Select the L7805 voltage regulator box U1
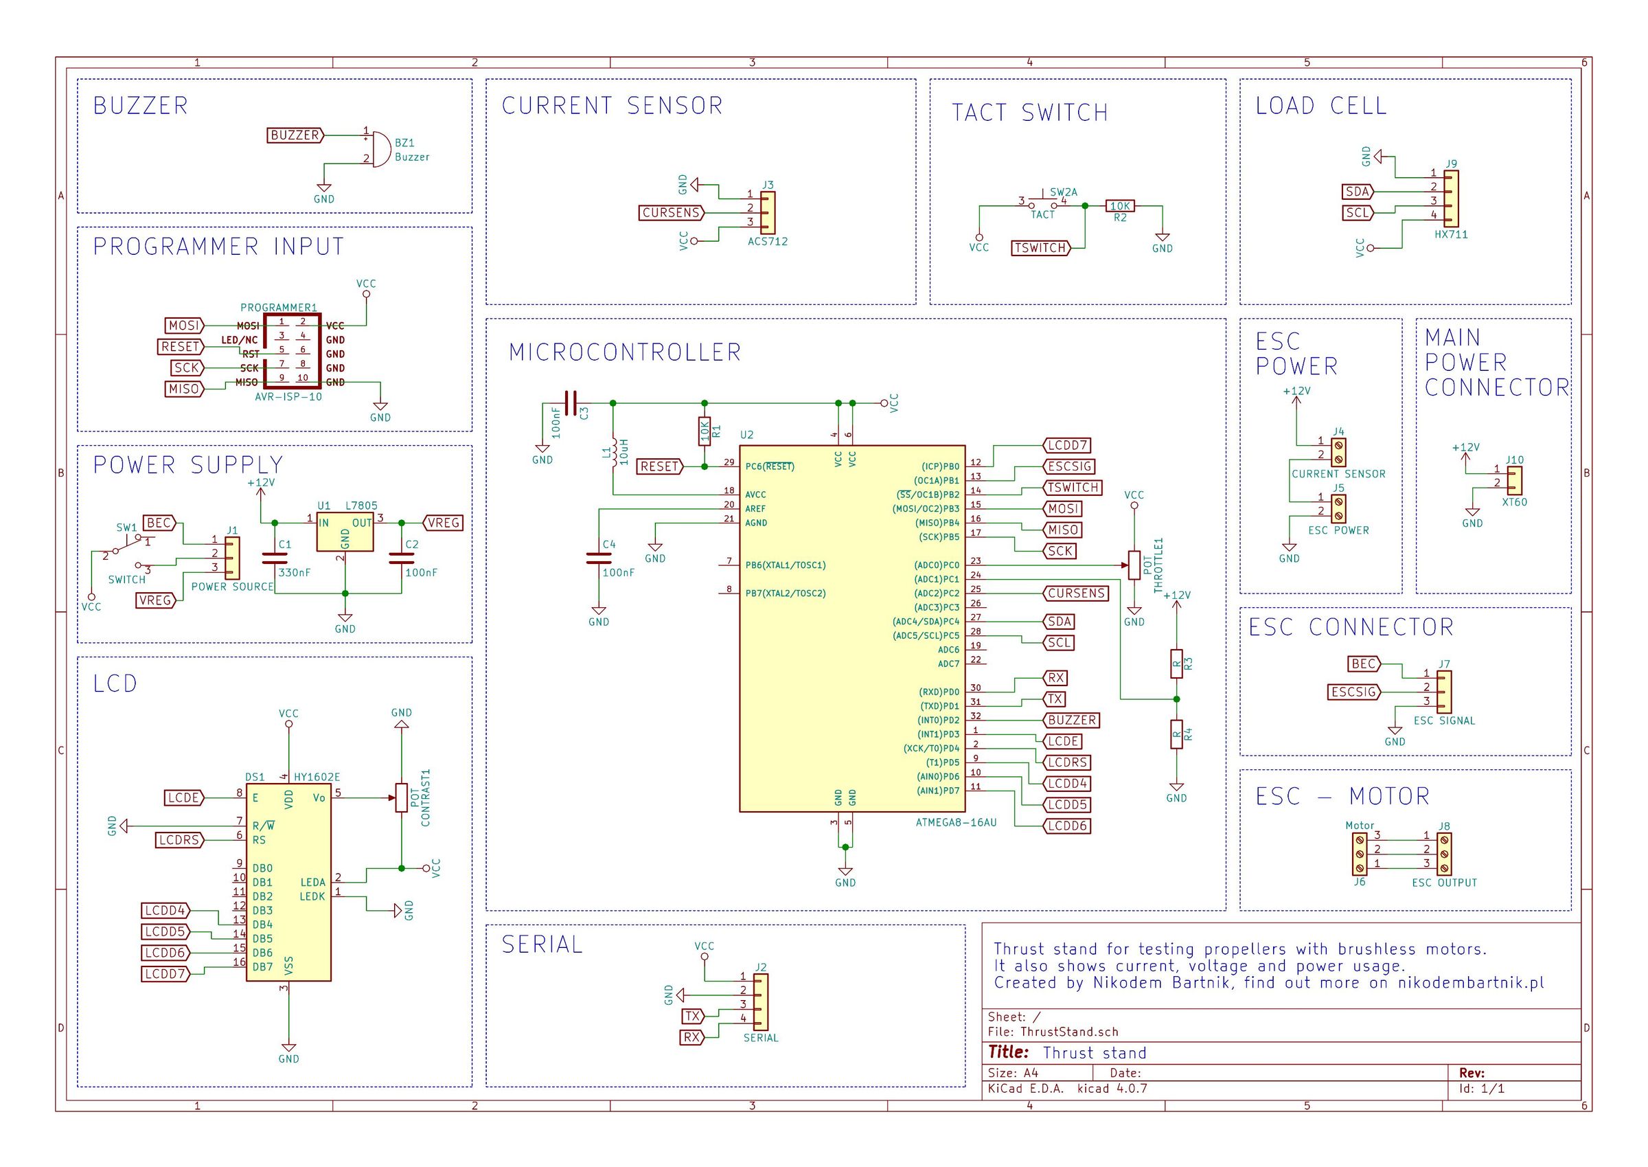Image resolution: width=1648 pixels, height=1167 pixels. pyautogui.click(x=345, y=532)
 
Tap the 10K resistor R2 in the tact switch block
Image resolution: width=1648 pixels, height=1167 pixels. pyautogui.click(x=1120, y=206)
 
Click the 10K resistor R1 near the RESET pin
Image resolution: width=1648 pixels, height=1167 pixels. pyautogui.click(x=704, y=432)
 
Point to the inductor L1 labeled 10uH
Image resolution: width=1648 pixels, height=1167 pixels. pyautogui.click(x=613, y=453)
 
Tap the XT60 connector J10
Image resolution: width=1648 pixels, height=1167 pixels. pyautogui.click(x=1513, y=481)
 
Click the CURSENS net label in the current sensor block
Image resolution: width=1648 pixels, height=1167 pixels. pyautogui.click(x=672, y=213)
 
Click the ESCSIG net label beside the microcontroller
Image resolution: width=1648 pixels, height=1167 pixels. pyautogui.click(x=1069, y=466)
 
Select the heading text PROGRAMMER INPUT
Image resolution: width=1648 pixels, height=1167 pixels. pyautogui.click(x=218, y=247)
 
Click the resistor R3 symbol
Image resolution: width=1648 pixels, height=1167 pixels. pyautogui.click(x=1176, y=664)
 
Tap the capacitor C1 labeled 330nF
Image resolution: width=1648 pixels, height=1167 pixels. pyautogui.click(x=275, y=558)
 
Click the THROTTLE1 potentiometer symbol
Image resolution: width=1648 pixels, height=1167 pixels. pyautogui.click(x=1134, y=565)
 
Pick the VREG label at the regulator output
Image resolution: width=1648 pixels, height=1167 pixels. pyautogui.click(x=442, y=523)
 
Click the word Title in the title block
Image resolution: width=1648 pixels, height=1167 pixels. pyautogui.click(x=1009, y=1052)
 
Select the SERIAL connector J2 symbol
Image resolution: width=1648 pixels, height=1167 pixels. pyautogui.click(x=760, y=1001)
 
